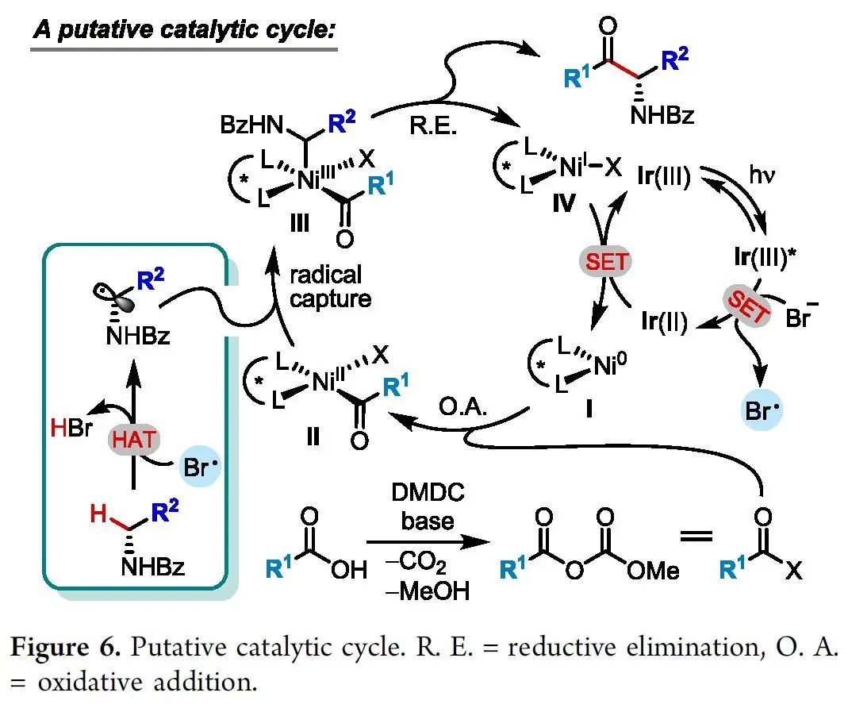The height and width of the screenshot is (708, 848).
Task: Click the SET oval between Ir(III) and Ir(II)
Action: pyautogui.click(x=607, y=263)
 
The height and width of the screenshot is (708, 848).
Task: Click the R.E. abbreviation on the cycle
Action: pyautogui.click(x=434, y=126)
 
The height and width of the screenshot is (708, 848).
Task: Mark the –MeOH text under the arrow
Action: pyautogui.click(x=421, y=591)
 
